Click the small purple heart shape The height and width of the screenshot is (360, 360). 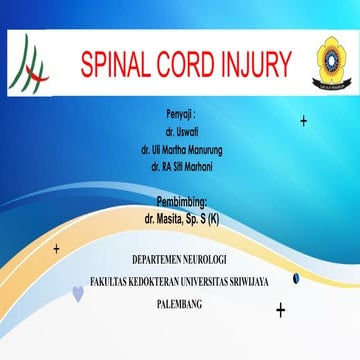coord(79,293)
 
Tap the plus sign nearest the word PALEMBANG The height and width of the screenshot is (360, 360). coord(281,310)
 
